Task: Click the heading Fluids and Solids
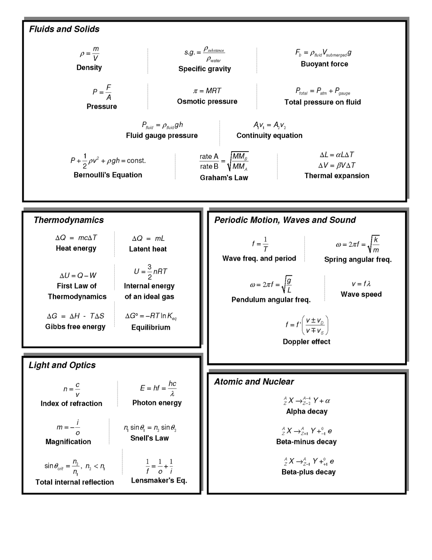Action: [x=64, y=29]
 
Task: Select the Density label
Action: [x=89, y=68]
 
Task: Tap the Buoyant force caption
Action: [x=324, y=64]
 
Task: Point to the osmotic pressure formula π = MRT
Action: [x=207, y=91]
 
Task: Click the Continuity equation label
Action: [x=269, y=135]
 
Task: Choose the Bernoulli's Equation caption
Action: [x=108, y=175]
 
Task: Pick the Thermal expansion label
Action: [x=337, y=176]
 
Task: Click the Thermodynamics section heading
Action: [x=69, y=220]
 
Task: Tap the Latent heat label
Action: [x=148, y=249]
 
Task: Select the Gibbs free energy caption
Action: [x=75, y=327]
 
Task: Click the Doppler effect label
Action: [x=306, y=342]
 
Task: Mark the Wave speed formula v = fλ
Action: [x=361, y=284]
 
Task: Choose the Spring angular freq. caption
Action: [x=358, y=260]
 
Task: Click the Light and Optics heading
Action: [x=62, y=365]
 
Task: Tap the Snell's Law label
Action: [x=149, y=438]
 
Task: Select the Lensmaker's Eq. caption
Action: [x=159, y=481]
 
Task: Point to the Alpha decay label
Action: [x=307, y=412]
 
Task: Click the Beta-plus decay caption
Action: [x=308, y=472]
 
